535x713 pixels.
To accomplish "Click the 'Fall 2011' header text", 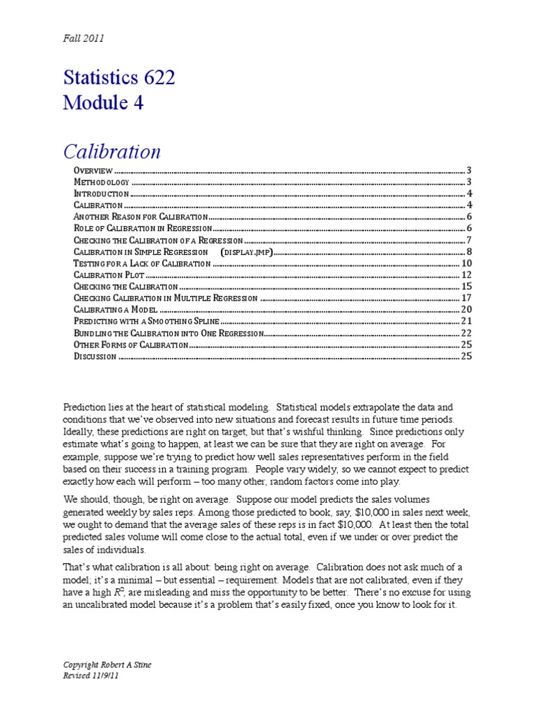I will point(83,38).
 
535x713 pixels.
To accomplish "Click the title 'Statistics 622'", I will point(118,78).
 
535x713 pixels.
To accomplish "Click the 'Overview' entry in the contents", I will point(93,170).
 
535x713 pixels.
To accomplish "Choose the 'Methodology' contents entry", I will point(101,182).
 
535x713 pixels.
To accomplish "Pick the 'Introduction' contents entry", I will point(101,194).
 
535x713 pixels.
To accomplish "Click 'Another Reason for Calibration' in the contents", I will point(137,217).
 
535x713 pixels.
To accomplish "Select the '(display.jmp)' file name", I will point(245,251).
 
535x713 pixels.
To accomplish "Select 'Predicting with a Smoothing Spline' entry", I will point(146,321).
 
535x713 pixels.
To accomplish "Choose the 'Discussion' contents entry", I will point(95,356).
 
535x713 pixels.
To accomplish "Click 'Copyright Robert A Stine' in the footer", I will point(107,665).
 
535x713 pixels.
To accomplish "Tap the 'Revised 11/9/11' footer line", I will point(88,675).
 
